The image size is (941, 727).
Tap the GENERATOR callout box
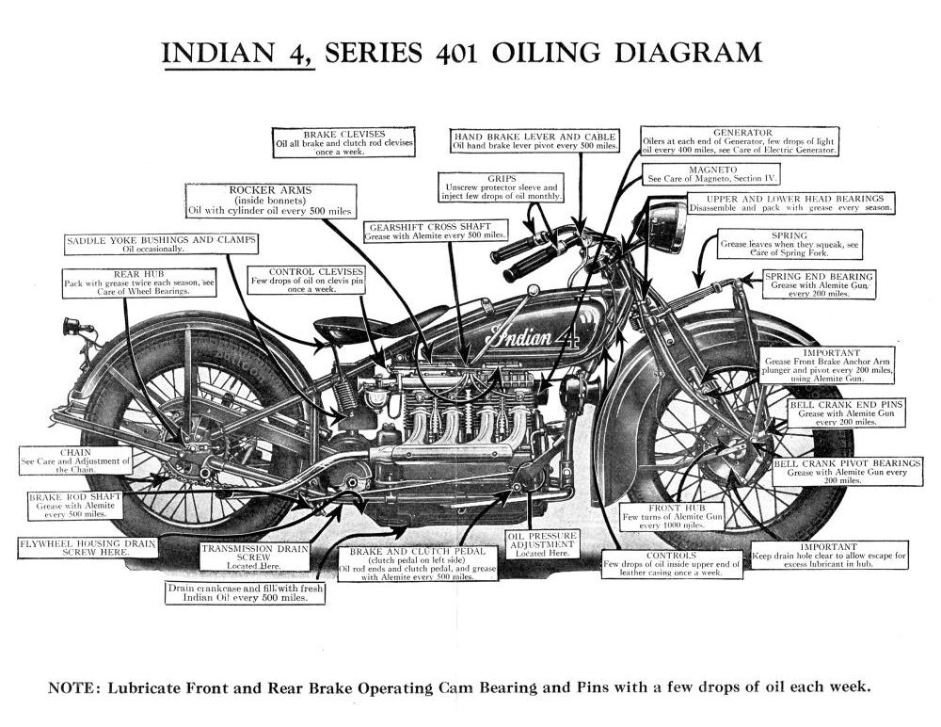741,141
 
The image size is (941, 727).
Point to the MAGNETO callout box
711,174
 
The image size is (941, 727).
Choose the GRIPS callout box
501,186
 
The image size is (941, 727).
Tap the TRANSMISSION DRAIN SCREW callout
248,556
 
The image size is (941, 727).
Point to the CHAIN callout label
75,460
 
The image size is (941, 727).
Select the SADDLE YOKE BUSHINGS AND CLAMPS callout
161,244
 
